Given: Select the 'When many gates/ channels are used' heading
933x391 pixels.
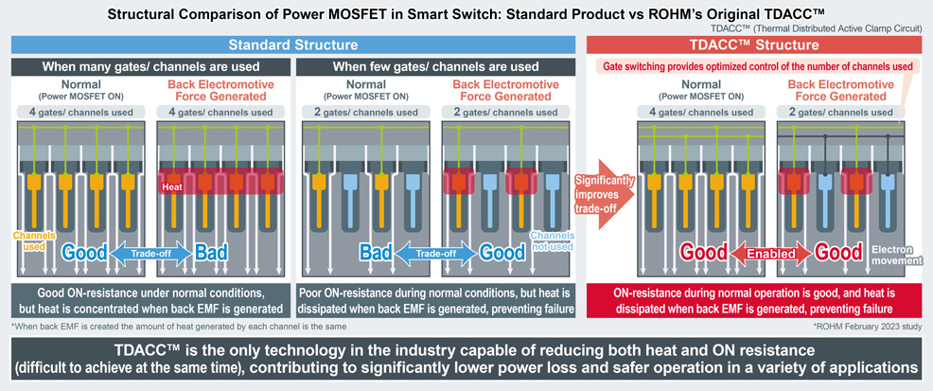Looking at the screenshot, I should [150, 66].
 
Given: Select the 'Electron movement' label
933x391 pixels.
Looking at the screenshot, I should [894, 254].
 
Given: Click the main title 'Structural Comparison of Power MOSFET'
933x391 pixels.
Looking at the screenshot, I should [466, 14].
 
